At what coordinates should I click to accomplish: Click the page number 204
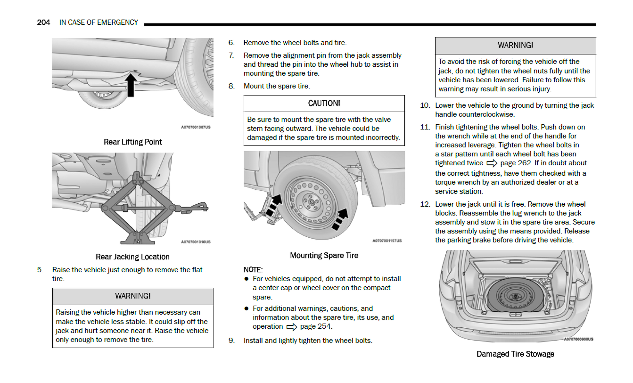[x=43, y=22]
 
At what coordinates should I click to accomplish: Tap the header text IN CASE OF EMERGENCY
[x=99, y=22]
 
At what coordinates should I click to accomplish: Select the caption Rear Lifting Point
[x=132, y=142]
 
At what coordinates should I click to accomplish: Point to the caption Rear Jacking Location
[x=132, y=257]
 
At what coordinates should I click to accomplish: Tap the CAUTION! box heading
[x=324, y=103]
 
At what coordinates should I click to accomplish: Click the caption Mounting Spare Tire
[x=324, y=255]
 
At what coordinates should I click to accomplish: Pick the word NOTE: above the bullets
[x=253, y=270]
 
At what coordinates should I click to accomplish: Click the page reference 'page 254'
[x=316, y=326]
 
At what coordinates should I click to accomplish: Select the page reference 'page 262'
[x=516, y=163]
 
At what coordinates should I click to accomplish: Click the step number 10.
[x=425, y=105]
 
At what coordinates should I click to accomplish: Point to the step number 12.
[x=425, y=204]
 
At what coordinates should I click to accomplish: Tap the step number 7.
[x=231, y=56]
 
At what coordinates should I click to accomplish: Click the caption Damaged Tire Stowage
[x=515, y=354]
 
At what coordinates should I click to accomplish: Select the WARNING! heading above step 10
[x=515, y=46]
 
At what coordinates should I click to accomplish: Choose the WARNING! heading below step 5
[x=132, y=296]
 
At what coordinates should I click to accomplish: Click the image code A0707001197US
[x=387, y=241]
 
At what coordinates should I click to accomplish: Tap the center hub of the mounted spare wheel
[x=311, y=202]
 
